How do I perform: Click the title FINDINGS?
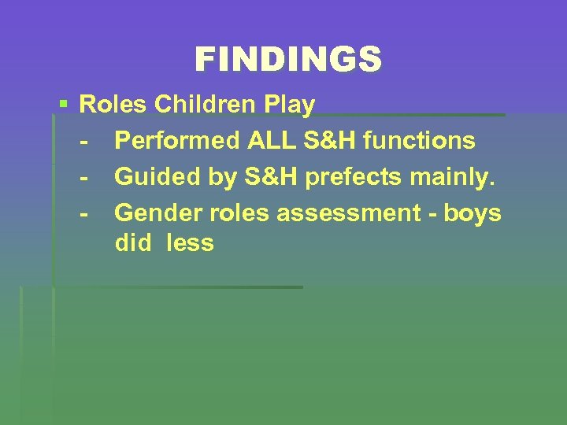click(x=288, y=60)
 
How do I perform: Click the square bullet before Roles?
click(x=64, y=103)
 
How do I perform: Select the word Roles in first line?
click(x=114, y=105)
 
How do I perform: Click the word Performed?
click(x=177, y=141)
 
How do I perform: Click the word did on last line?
click(x=133, y=243)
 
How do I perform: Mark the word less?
click(x=190, y=243)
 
